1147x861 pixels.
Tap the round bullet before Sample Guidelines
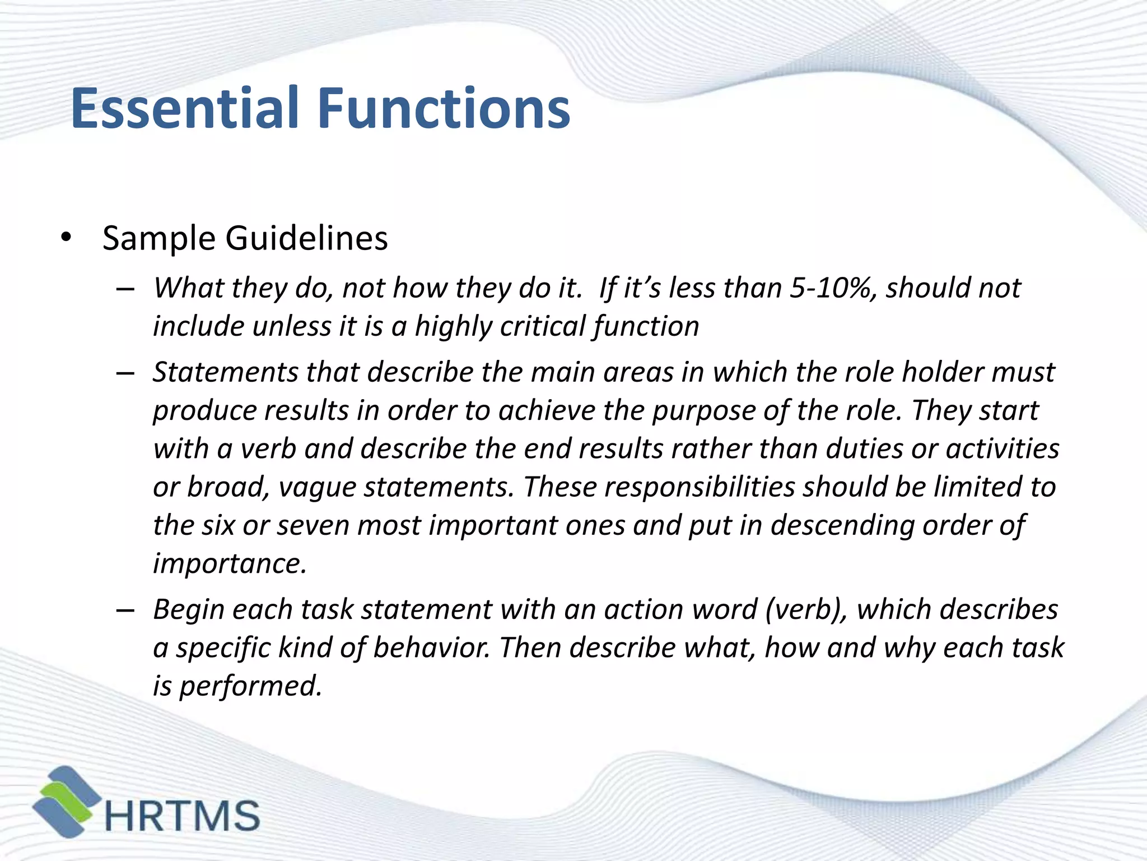67,238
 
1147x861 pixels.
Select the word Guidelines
306,238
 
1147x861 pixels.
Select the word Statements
225,372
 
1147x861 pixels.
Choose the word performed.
250,686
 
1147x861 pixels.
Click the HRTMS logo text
182,816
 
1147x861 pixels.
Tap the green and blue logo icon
66,802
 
